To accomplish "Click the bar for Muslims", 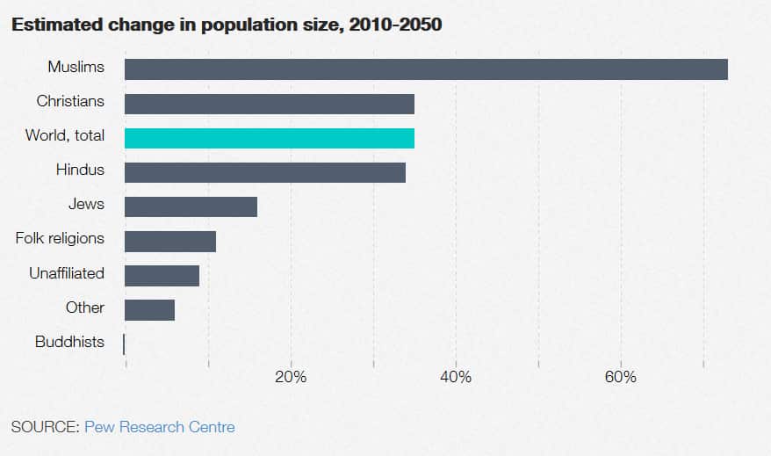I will click(426, 69).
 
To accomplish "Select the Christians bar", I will click(269, 104).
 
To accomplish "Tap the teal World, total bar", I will click(269, 138).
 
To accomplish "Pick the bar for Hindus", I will click(264, 172).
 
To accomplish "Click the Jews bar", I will click(191, 206).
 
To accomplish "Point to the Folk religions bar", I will click(169, 241).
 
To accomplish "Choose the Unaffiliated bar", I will click(162, 275).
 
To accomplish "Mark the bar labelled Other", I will click(149, 309).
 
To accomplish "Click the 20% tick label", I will click(291, 377).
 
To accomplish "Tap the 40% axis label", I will click(456, 377).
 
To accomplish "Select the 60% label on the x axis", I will click(621, 377).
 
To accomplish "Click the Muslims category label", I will click(76, 67).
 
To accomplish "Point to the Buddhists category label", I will click(69, 342).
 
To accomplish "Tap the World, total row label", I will click(65, 135).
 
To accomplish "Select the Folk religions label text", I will click(60, 238).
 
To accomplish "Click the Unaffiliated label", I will click(67, 273).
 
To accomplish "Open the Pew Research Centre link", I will click(160, 427).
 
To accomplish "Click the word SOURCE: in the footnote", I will click(45, 427).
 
